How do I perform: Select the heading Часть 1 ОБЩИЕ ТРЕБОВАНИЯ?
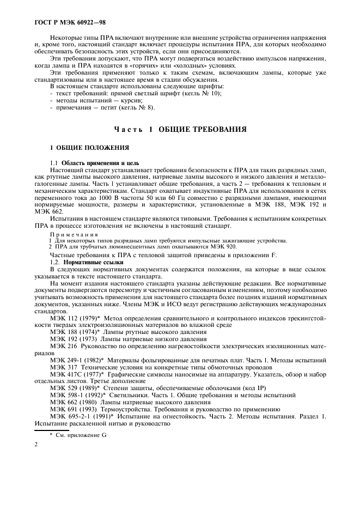click(181, 129)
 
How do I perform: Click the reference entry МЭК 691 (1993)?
click(74, 408)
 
